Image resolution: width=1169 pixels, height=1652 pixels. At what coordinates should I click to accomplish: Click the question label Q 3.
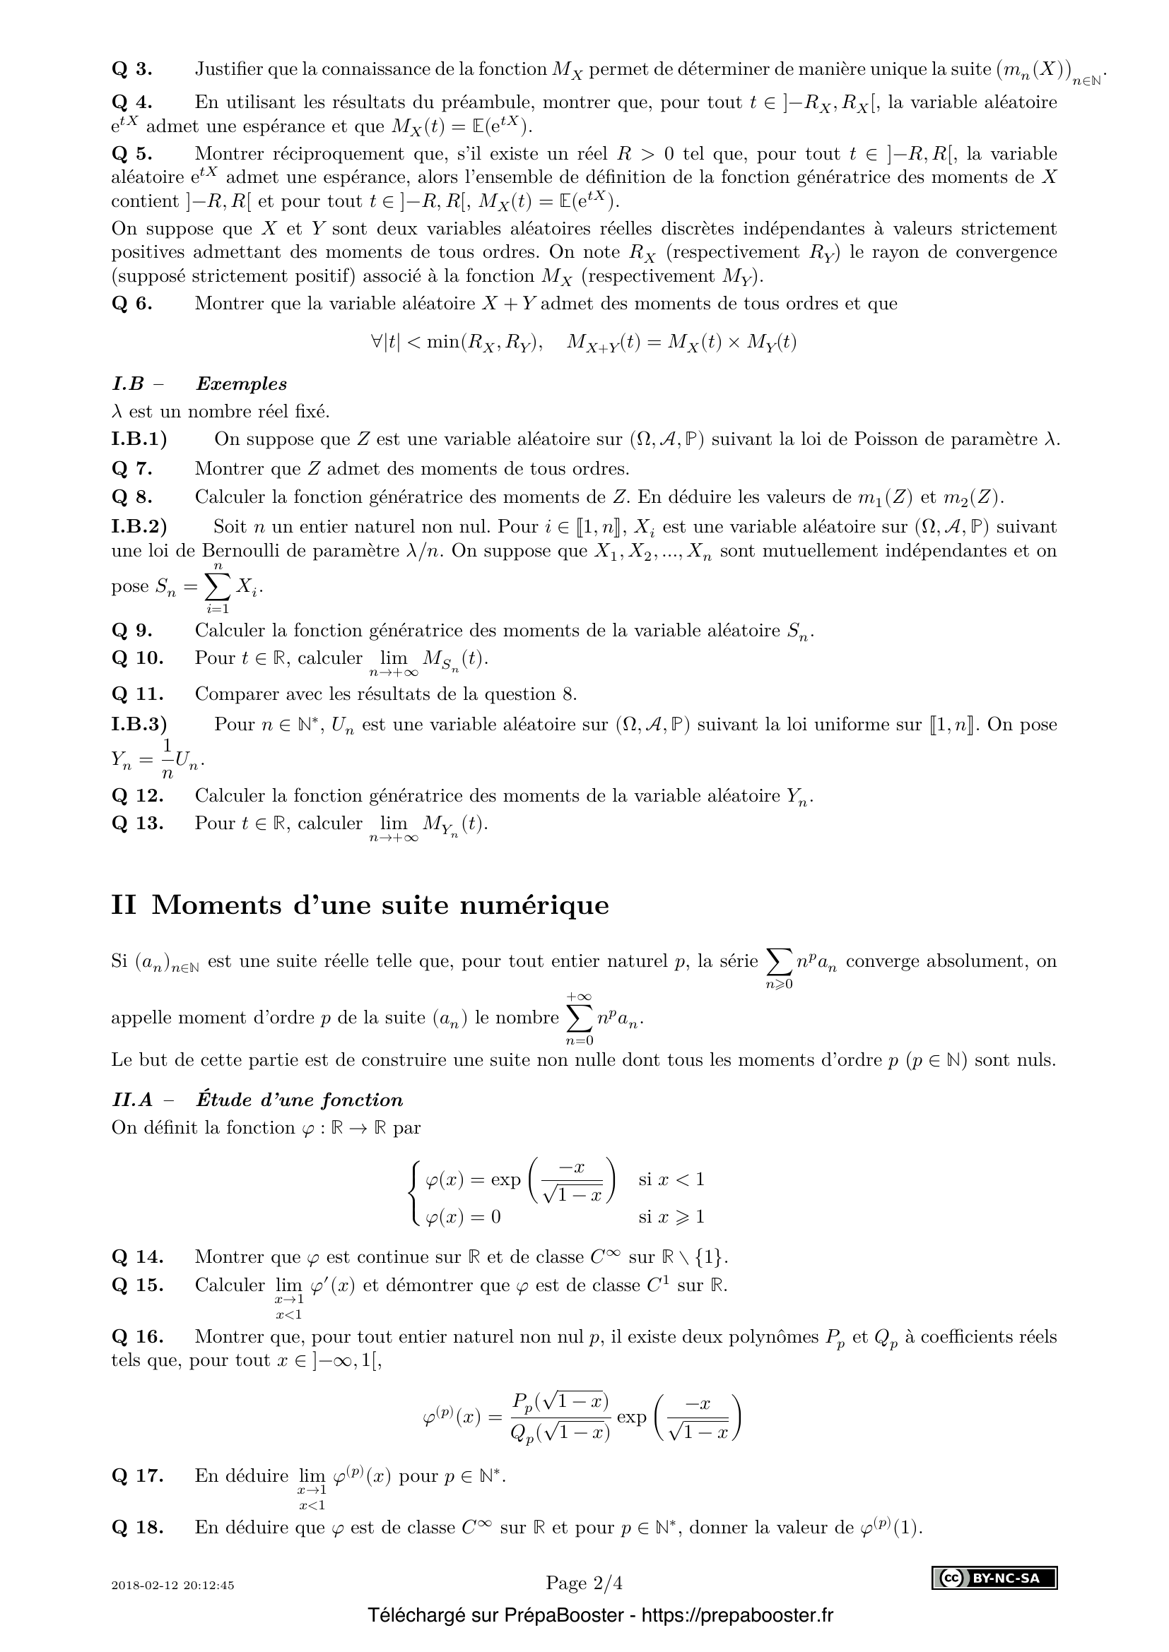pos(131,70)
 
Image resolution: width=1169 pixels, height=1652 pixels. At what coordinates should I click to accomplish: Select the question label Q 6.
pos(131,304)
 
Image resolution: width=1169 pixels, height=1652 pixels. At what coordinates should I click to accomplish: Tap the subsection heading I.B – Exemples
pos(199,384)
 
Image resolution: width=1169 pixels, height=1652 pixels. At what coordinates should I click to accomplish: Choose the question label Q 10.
pos(137,658)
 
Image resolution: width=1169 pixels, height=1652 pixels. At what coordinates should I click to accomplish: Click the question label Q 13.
pos(137,823)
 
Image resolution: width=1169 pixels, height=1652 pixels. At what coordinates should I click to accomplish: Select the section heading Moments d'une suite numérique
pos(380,905)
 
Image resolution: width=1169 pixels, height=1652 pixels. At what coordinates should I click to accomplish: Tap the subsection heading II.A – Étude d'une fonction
pos(257,1100)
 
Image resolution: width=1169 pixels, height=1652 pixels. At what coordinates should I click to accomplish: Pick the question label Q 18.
pos(137,1528)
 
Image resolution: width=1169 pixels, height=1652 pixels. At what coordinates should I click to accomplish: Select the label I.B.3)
pos(139,725)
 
